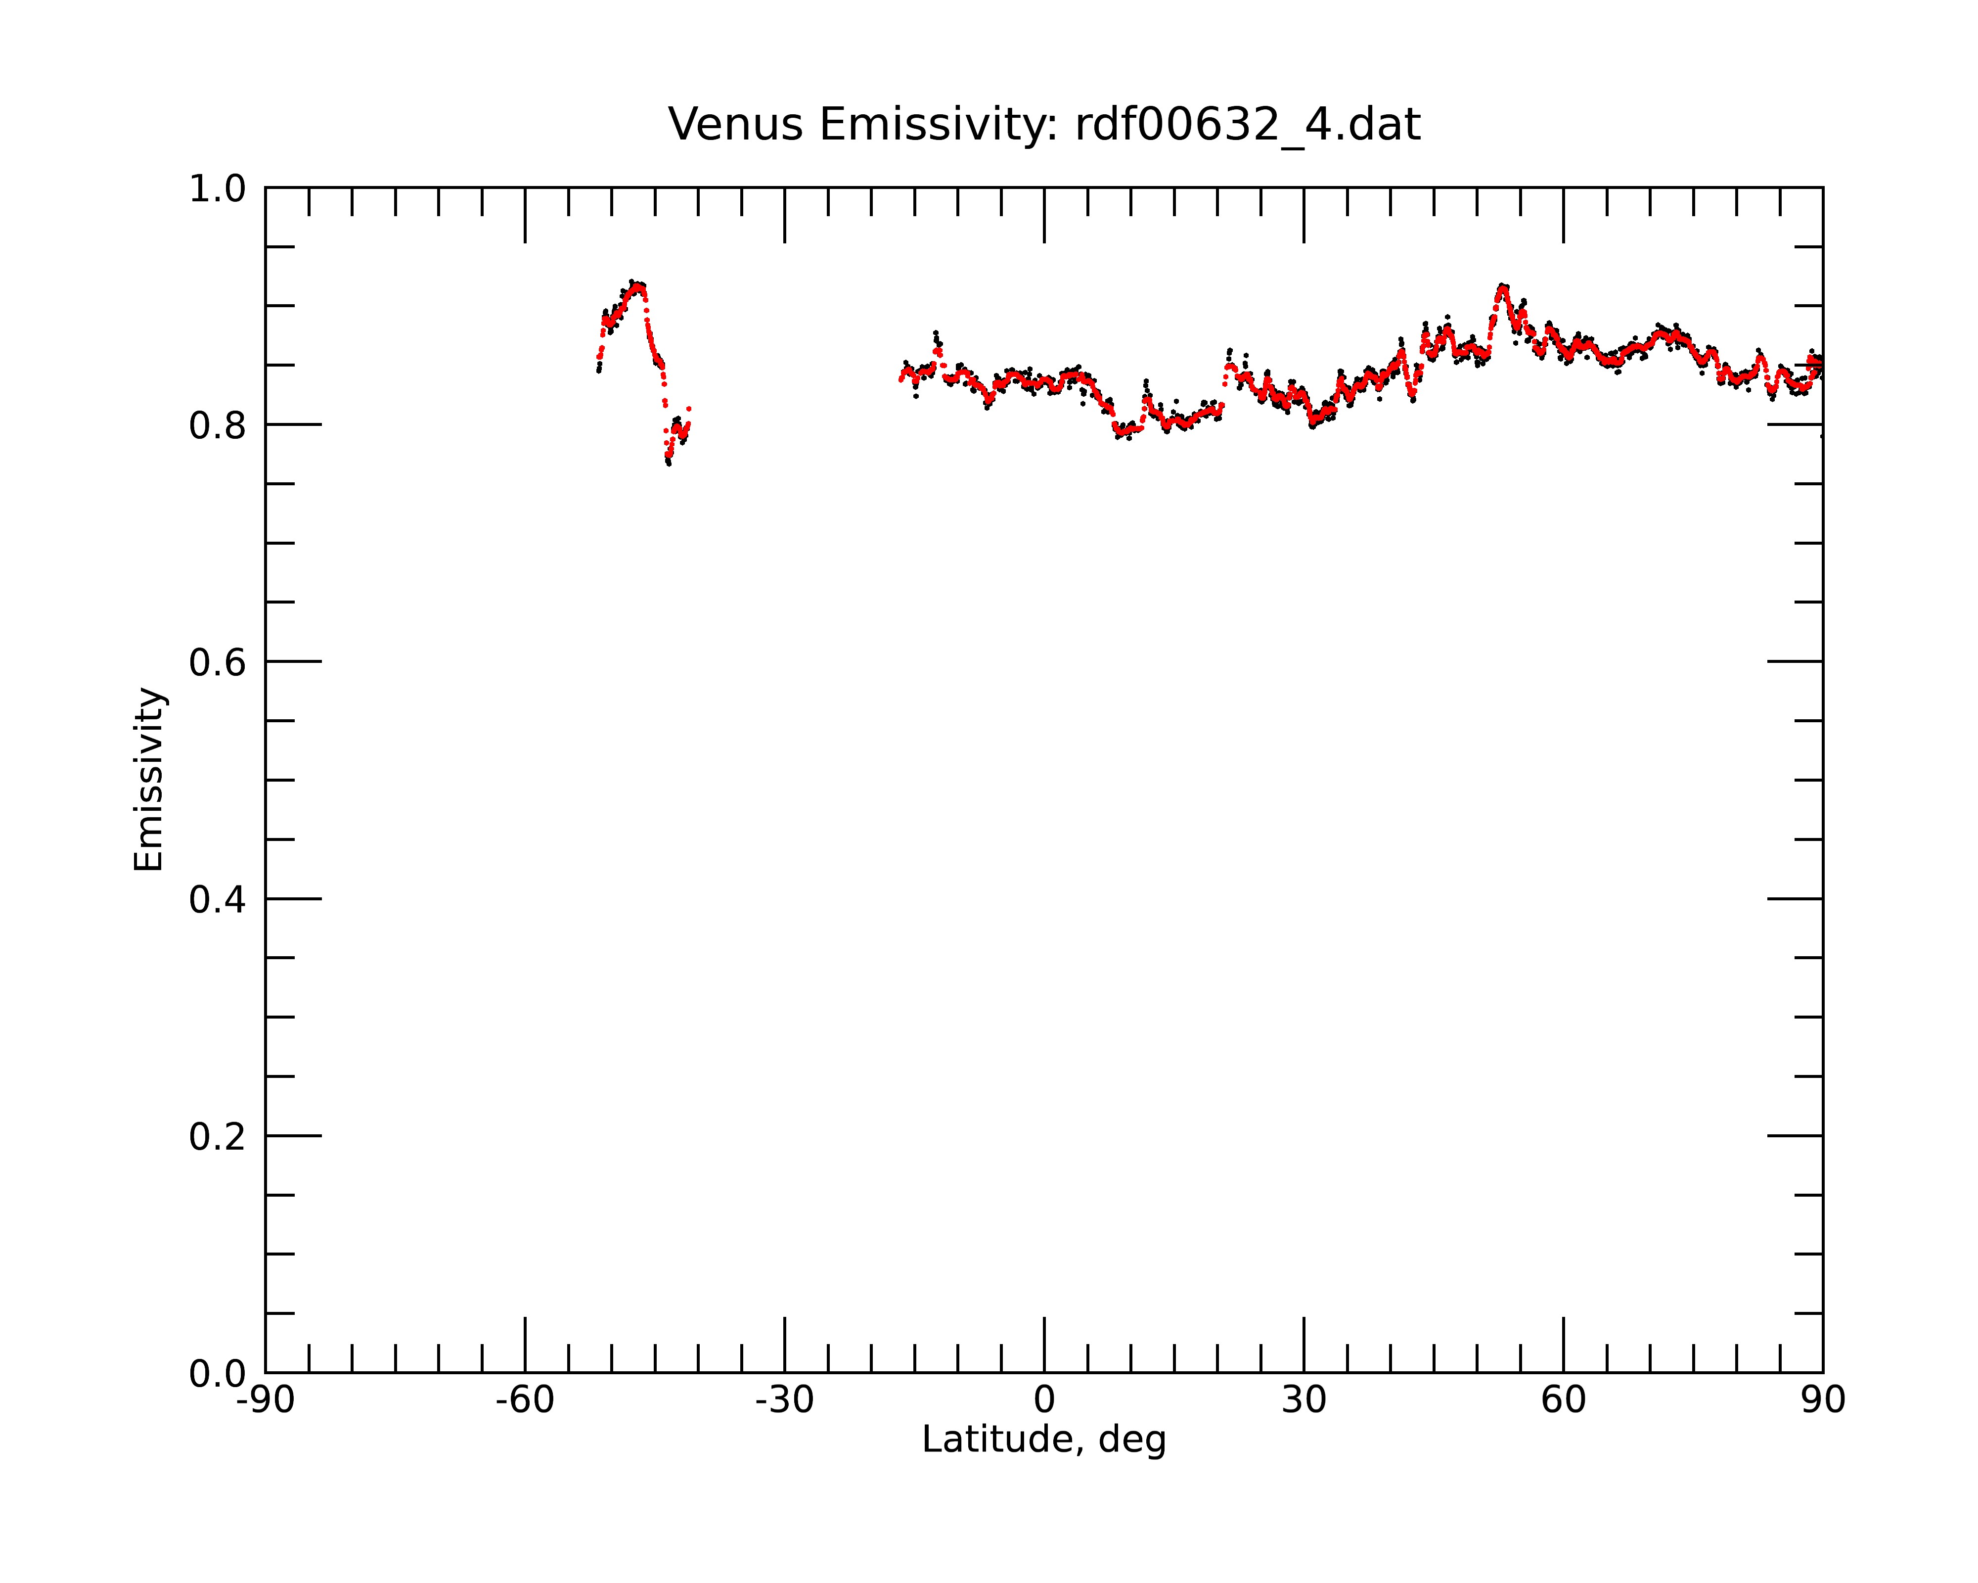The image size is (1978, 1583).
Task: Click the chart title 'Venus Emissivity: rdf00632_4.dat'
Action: (1044, 125)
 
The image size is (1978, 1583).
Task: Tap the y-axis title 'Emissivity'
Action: (149, 779)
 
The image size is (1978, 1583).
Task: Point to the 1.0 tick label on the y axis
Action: (218, 189)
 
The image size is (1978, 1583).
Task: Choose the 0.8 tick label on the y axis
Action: (218, 426)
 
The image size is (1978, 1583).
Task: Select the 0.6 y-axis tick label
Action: (218, 662)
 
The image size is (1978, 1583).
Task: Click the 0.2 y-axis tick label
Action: (218, 1137)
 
